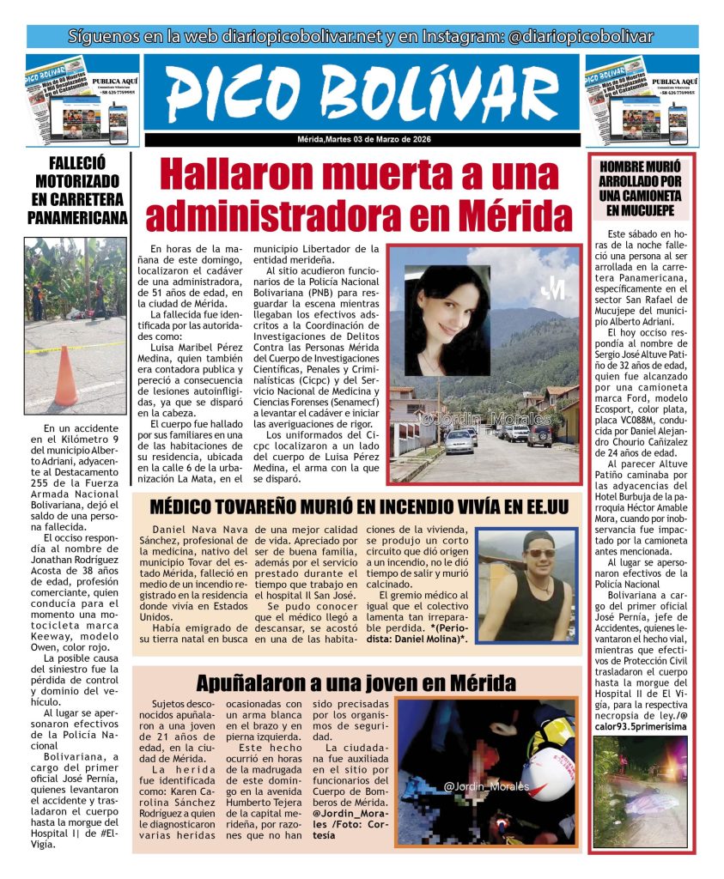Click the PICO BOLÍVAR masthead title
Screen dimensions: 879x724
(362, 93)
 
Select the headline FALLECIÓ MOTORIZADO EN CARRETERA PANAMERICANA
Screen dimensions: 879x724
(76, 190)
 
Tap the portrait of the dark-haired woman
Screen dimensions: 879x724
(445, 319)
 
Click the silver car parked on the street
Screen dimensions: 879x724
(459, 441)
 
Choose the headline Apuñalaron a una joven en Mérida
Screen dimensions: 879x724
(356, 683)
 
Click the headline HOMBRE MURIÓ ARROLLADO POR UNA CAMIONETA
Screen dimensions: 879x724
(640, 187)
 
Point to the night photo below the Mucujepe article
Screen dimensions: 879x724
(640, 791)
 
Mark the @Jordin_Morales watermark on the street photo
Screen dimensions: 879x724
(473, 419)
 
